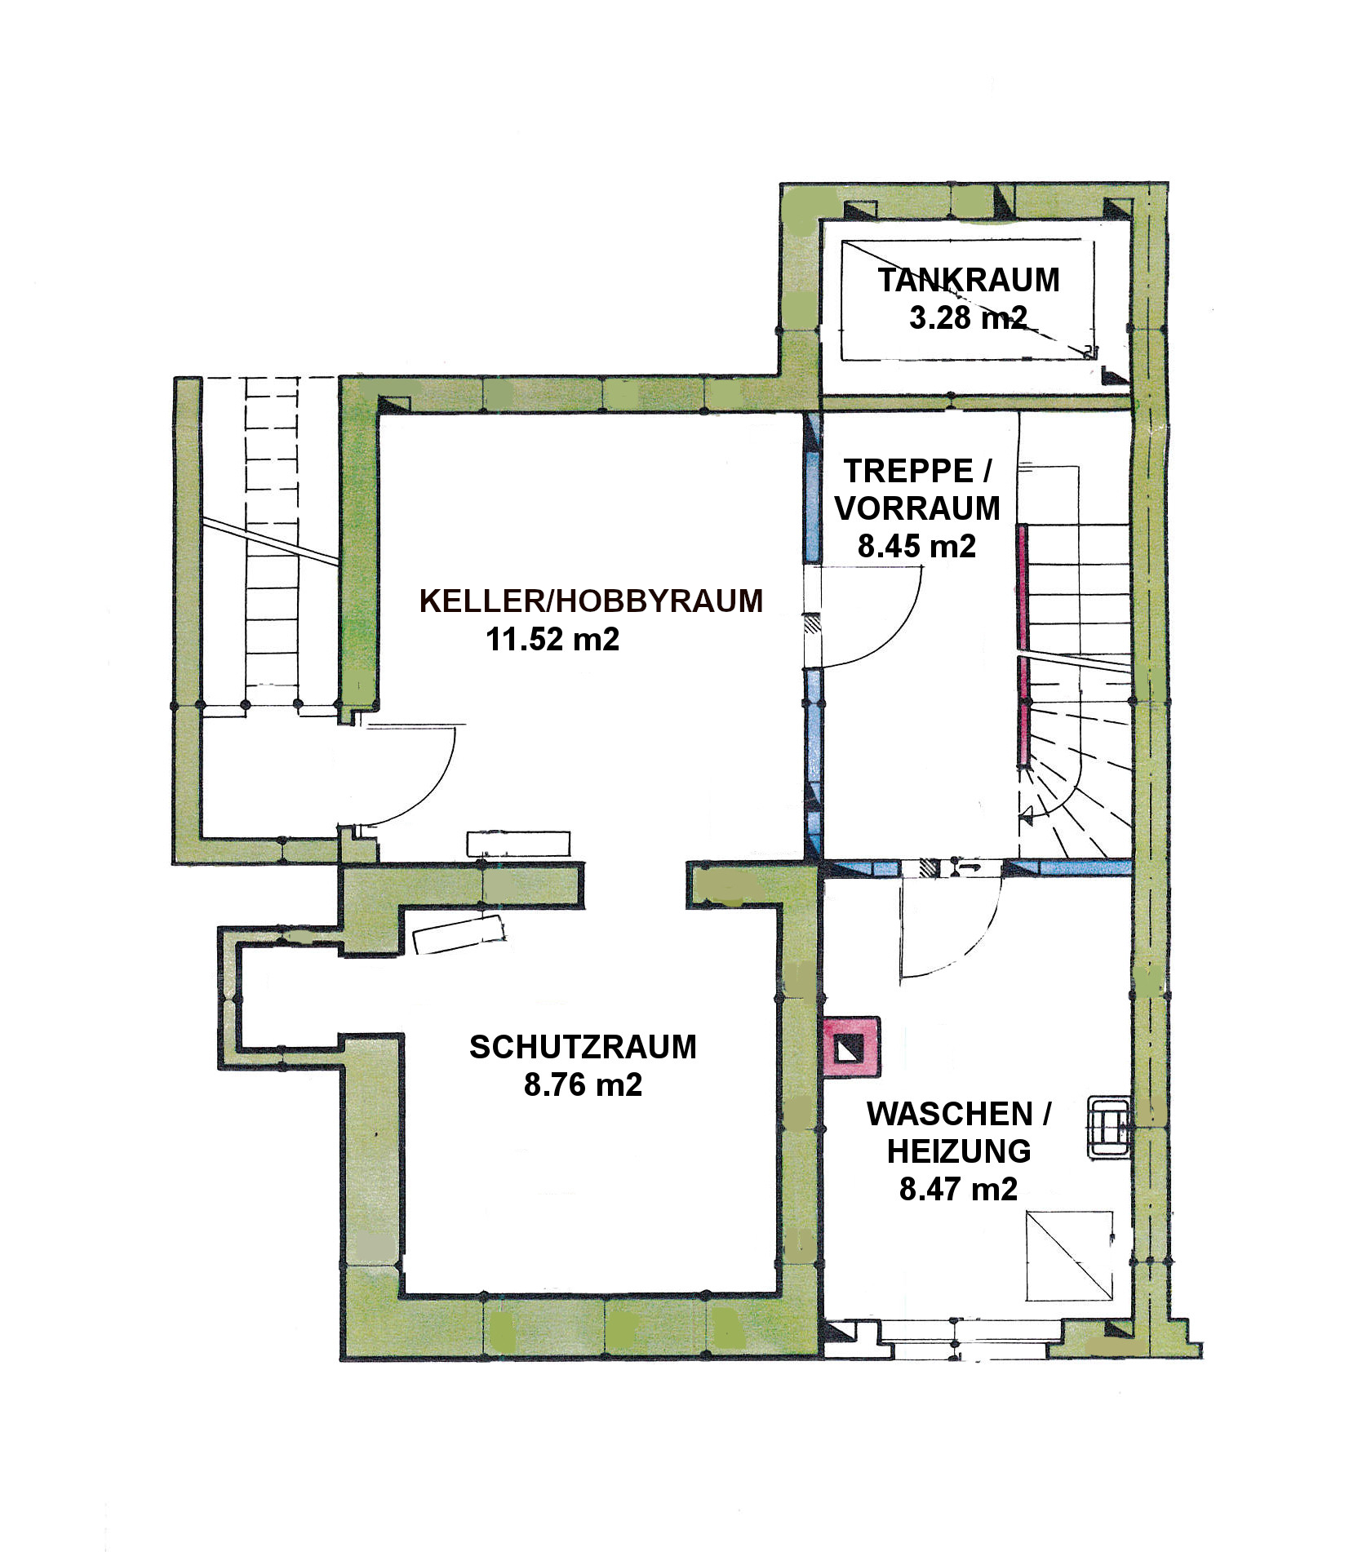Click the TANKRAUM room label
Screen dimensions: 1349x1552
point(969,280)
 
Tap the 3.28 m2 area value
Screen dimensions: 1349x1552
point(968,317)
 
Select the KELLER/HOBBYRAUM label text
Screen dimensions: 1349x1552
point(591,601)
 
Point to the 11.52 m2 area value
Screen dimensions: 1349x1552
point(552,638)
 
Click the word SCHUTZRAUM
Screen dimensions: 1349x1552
point(583,1047)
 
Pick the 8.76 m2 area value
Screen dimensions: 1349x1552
point(583,1084)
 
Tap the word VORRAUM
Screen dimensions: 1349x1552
point(917,508)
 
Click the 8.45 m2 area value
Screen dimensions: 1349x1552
point(916,545)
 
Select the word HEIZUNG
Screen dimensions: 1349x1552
point(959,1151)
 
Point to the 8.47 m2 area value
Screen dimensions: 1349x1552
point(959,1189)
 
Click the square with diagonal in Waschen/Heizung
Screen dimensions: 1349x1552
point(1069,1256)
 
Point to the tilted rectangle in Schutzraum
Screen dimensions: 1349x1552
point(459,934)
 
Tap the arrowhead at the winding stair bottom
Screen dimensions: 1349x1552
point(1027,814)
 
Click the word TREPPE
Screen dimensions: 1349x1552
point(908,471)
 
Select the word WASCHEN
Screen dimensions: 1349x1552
point(950,1114)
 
